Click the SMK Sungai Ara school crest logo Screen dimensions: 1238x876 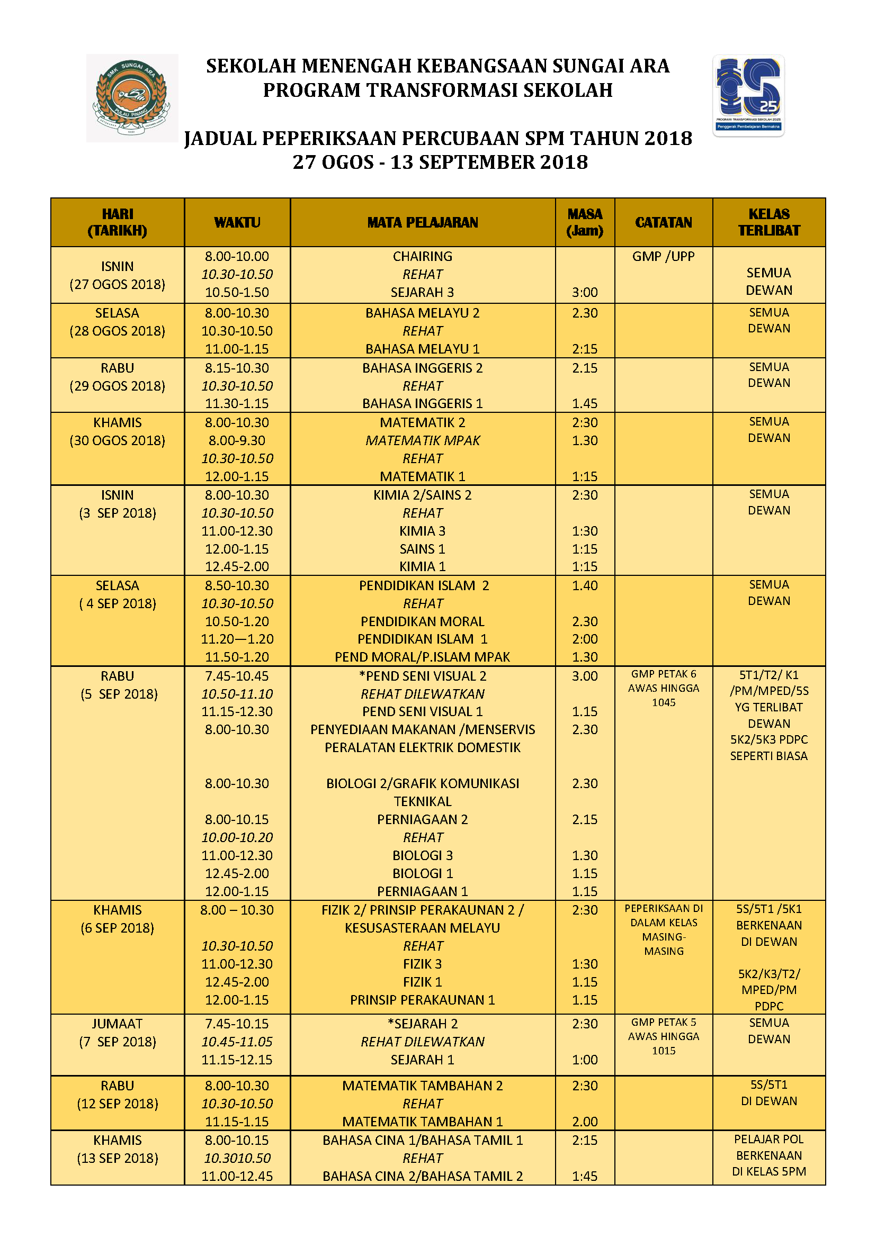132,97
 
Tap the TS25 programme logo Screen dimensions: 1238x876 748,95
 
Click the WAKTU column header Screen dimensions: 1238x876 237,222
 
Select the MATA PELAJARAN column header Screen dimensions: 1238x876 422,222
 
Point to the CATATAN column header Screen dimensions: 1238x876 663,222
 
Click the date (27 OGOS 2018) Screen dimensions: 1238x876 117,284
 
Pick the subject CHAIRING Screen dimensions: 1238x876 422,256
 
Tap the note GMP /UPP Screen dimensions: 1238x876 663,256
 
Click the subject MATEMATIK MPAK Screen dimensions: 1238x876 422,440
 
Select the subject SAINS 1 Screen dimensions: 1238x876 422,549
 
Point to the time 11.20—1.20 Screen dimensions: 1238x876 237,639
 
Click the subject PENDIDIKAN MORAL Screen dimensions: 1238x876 422,621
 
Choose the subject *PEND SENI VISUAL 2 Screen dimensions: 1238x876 422,675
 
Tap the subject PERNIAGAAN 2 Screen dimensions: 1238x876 422,819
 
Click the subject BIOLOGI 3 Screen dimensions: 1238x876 422,855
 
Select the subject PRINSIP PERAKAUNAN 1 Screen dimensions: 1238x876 422,1000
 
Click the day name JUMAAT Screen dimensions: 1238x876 117,1024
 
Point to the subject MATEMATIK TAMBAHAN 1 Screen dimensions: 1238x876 422,1122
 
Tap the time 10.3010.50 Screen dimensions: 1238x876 237,1158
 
